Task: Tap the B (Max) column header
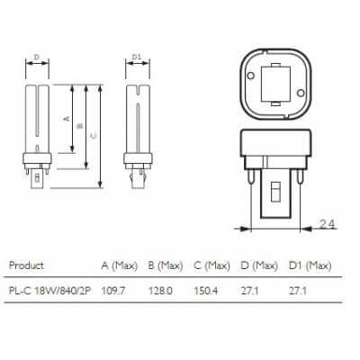point(166,265)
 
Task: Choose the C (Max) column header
point(213,265)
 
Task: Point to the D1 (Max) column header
point(312,265)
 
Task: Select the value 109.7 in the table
point(112,291)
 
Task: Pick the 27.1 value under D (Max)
point(252,291)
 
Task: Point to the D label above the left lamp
point(36,58)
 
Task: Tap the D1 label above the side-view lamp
point(137,58)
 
